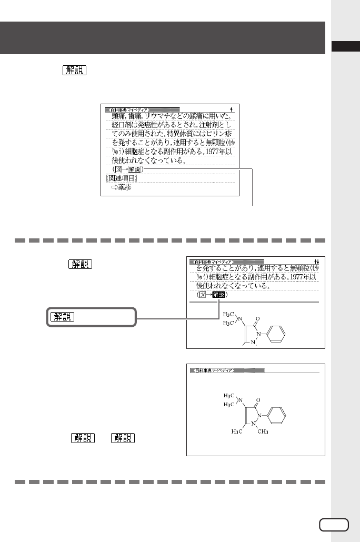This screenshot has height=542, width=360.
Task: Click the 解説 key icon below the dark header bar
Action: point(74,71)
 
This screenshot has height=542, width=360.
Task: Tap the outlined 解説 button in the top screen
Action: point(135,169)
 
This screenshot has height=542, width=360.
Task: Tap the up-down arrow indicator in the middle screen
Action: point(316,261)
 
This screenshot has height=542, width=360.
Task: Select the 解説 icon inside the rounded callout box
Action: point(63,317)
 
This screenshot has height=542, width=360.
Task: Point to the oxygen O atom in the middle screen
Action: point(256,319)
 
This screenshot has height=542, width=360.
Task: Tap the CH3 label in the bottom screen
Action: point(263,432)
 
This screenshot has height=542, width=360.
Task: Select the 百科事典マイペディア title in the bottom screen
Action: point(210,370)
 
